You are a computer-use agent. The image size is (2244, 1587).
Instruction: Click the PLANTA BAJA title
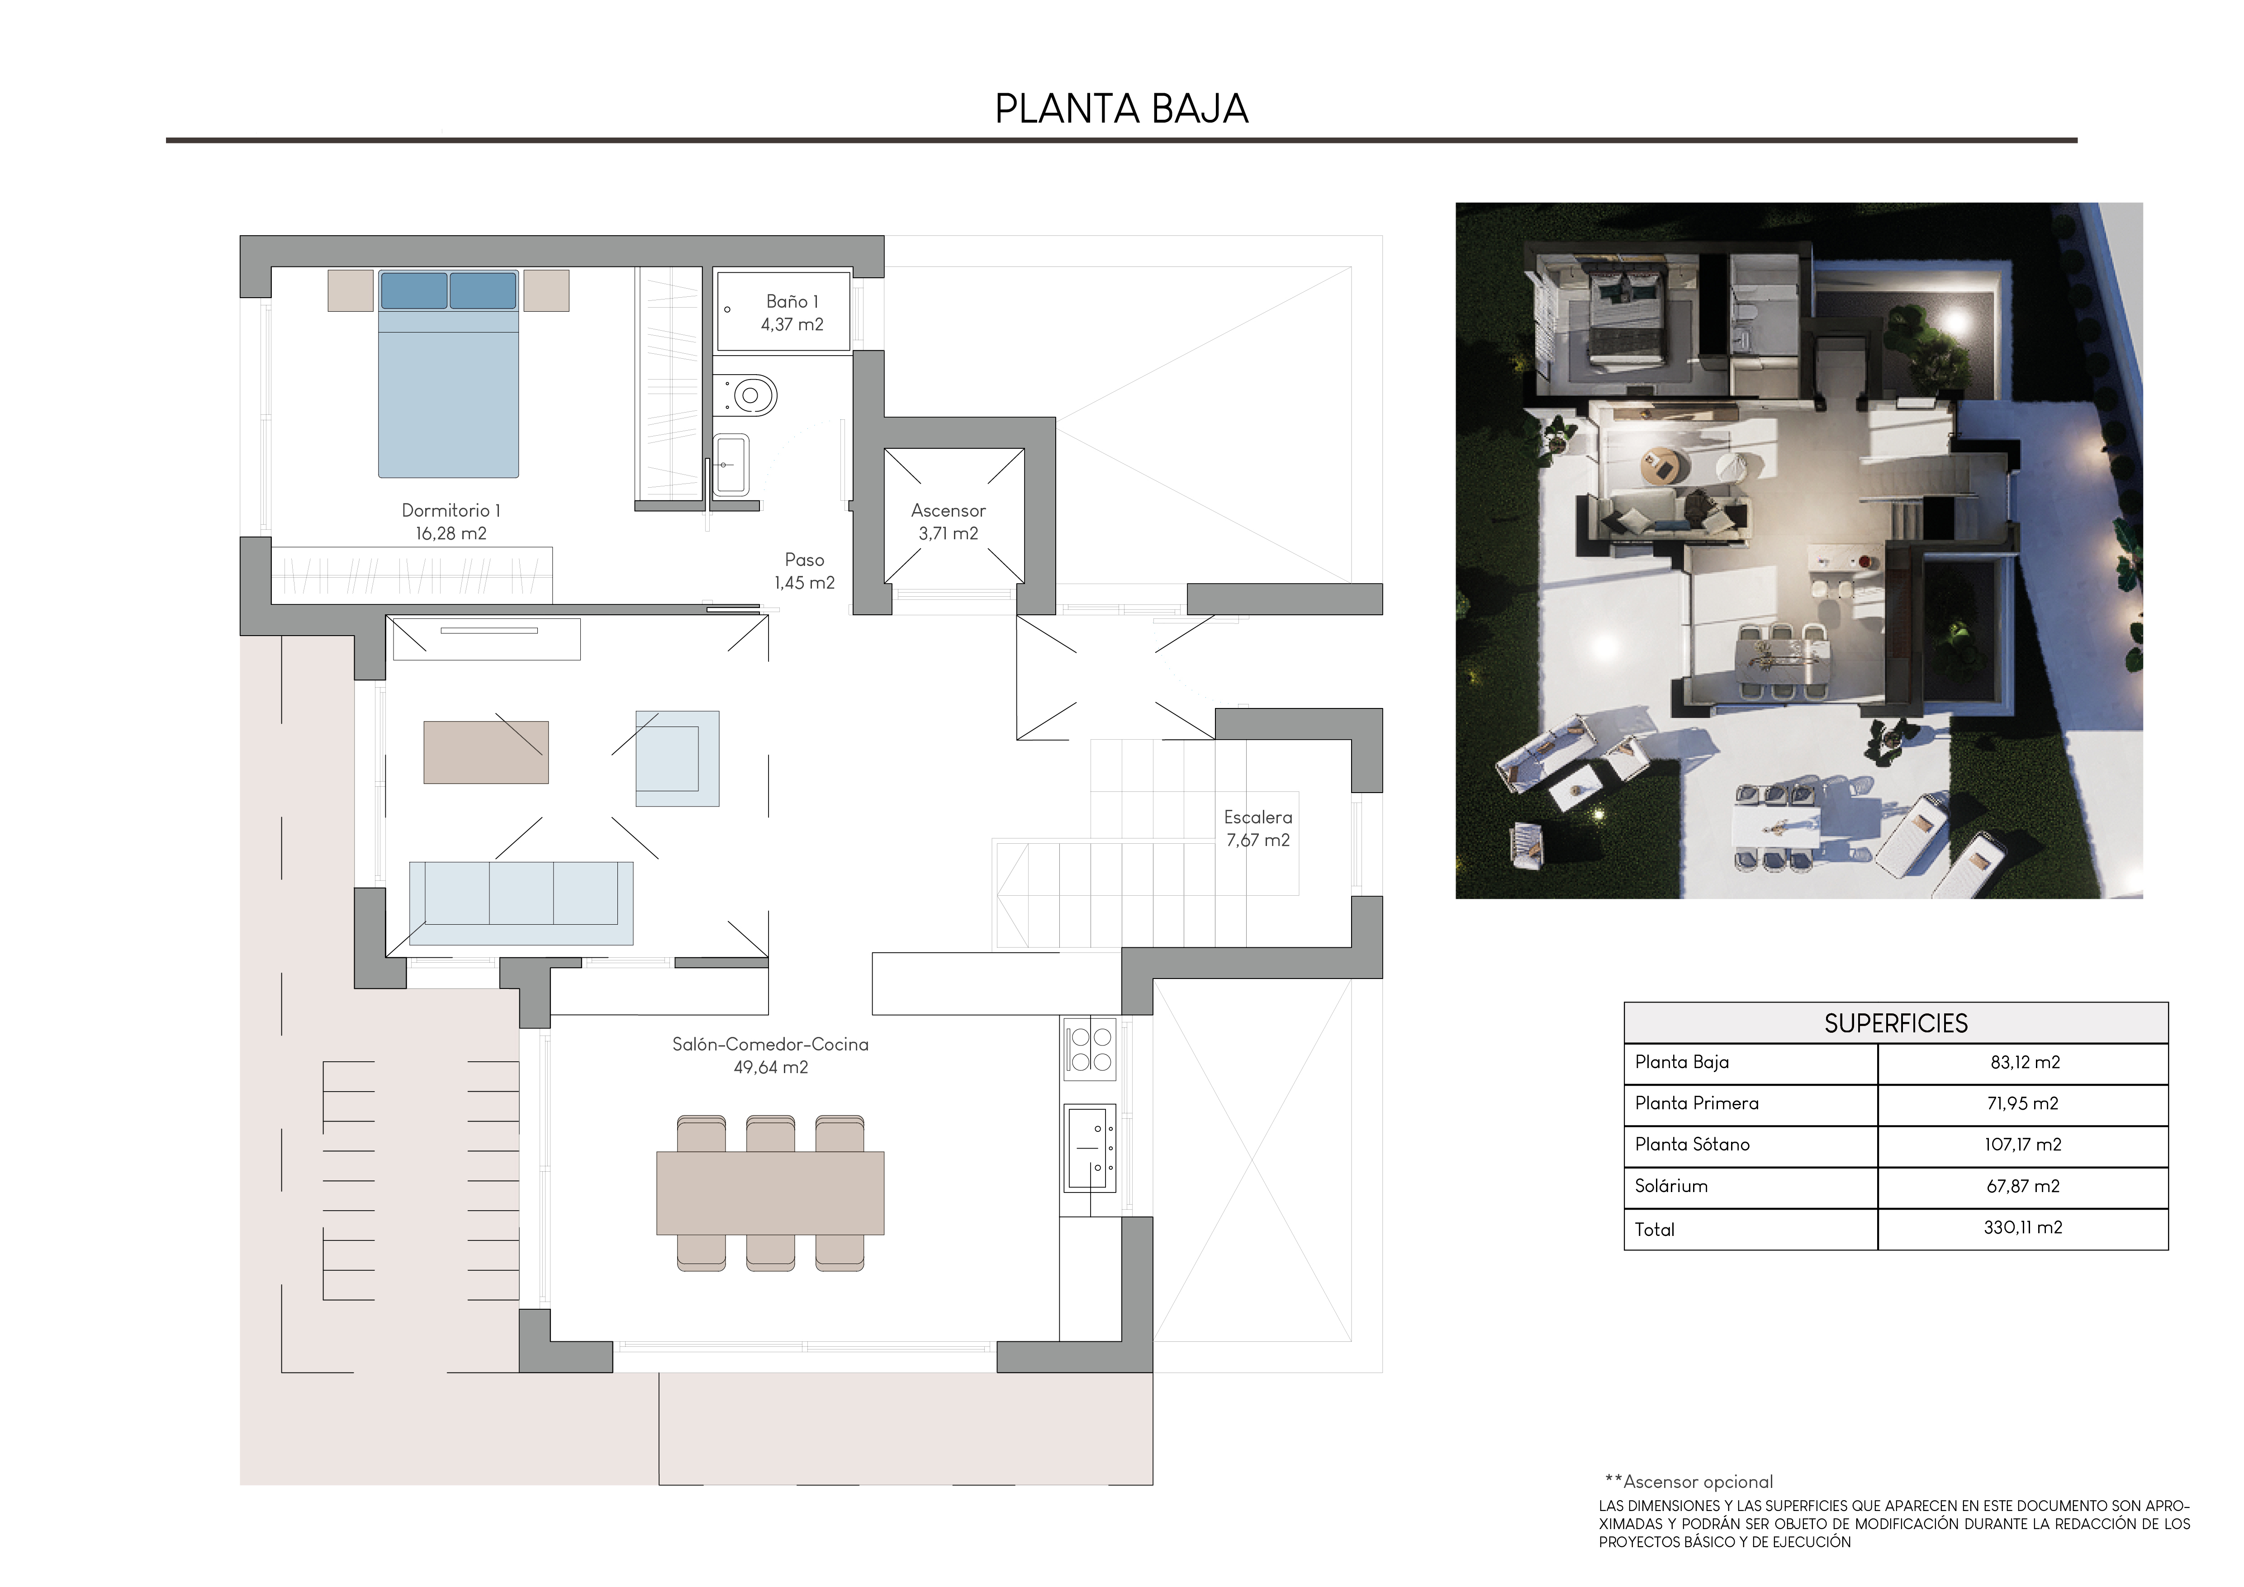(x=1121, y=109)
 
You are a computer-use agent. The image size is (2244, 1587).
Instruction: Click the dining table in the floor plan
(x=770, y=1192)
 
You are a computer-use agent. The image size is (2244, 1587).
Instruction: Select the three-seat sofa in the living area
(x=521, y=902)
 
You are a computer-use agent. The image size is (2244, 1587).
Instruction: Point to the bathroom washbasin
(x=731, y=465)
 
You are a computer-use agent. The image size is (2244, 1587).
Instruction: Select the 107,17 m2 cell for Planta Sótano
(x=2022, y=1144)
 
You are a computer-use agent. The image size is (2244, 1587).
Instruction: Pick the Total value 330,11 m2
(x=2022, y=1227)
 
